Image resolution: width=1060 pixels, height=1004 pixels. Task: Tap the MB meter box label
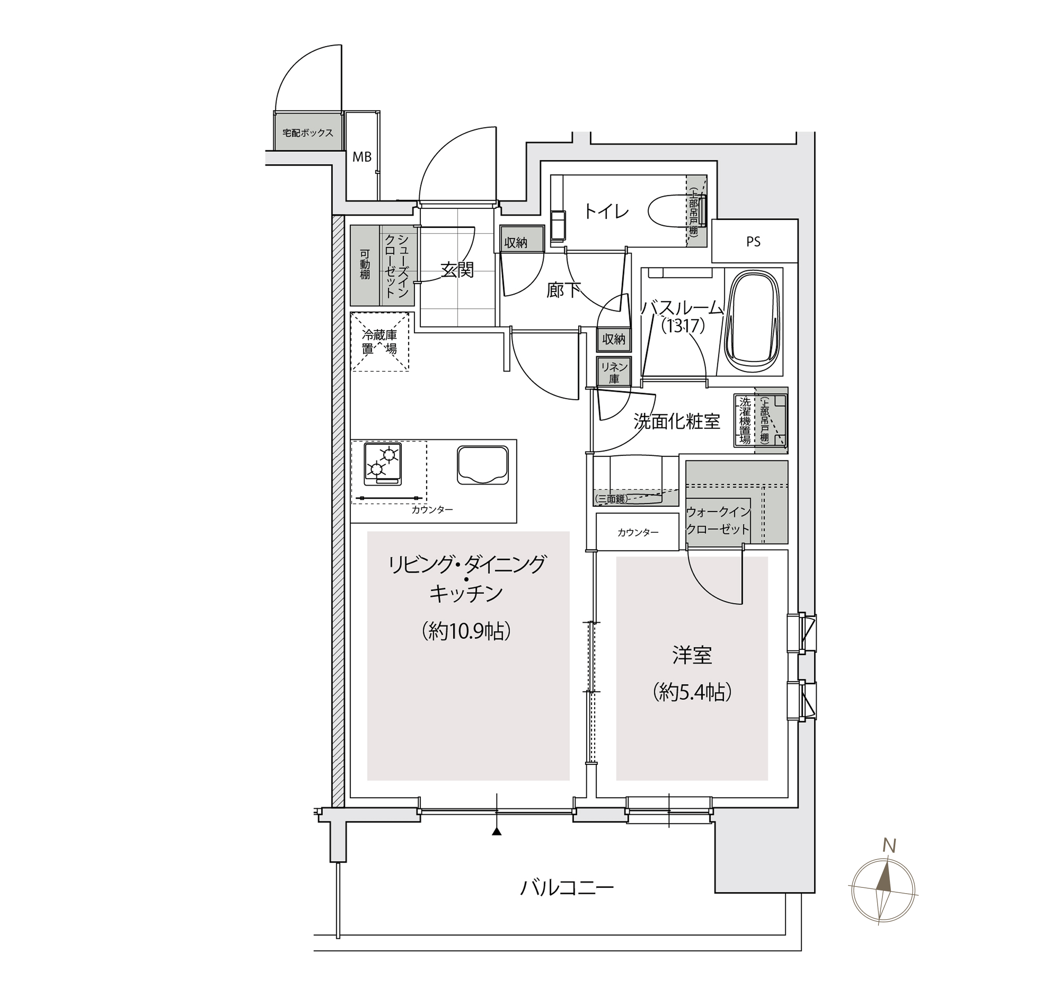coord(362,157)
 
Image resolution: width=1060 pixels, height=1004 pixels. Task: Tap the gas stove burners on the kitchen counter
coord(382,462)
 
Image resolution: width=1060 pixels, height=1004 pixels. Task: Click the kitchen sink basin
coord(482,465)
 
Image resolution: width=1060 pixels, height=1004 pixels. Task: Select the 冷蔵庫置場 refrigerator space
coord(380,342)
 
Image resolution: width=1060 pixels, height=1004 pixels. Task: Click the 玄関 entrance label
coord(457,270)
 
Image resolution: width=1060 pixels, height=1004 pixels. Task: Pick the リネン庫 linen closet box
coord(614,371)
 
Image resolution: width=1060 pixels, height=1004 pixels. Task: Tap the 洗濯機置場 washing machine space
coord(744,420)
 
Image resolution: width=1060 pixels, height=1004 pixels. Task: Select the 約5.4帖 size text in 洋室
coord(692,693)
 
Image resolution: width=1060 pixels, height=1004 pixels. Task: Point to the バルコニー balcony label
coord(567,888)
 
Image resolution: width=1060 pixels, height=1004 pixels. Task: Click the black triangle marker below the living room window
coord(496,832)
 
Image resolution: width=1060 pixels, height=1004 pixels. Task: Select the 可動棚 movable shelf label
coord(364,265)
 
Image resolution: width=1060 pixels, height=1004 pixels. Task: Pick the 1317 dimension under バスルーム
coord(683,326)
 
